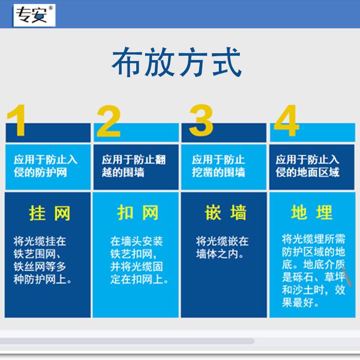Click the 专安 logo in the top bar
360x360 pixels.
pyautogui.click(x=35, y=15)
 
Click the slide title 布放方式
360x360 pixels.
pyautogui.click(x=176, y=62)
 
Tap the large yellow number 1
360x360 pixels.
pyautogui.click(x=17, y=120)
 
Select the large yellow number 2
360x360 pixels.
pyautogui.click(x=108, y=121)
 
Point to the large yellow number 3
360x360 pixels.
pyautogui.click(x=201, y=120)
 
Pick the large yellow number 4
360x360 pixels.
pyautogui.click(x=287, y=120)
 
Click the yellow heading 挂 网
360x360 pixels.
pyautogui.click(x=50, y=213)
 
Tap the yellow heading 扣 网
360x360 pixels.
pyautogui.click(x=138, y=212)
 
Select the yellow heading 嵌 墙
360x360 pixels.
pyautogui.click(x=226, y=212)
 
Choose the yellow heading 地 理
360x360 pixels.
pyautogui.click(x=312, y=212)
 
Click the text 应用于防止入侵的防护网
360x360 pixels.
pyautogui.click(x=45, y=166)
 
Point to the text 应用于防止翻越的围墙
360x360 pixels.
pyautogui.click(x=134, y=166)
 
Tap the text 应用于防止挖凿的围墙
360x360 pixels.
pyautogui.click(x=218, y=166)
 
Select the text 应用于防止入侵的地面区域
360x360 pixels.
pyautogui.click(x=307, y=166)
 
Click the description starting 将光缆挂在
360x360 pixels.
pyautogui.click(x=42, y=260)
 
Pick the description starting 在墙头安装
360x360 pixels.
pyautogui.click(x=139, y=260)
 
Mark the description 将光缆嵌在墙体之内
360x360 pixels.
pyautogui.click(x=222, y=248)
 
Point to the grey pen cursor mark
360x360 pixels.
pyautogui.click(x=347, y=276)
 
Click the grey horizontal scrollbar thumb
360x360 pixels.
pyautogui.click(x=127, y=341)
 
